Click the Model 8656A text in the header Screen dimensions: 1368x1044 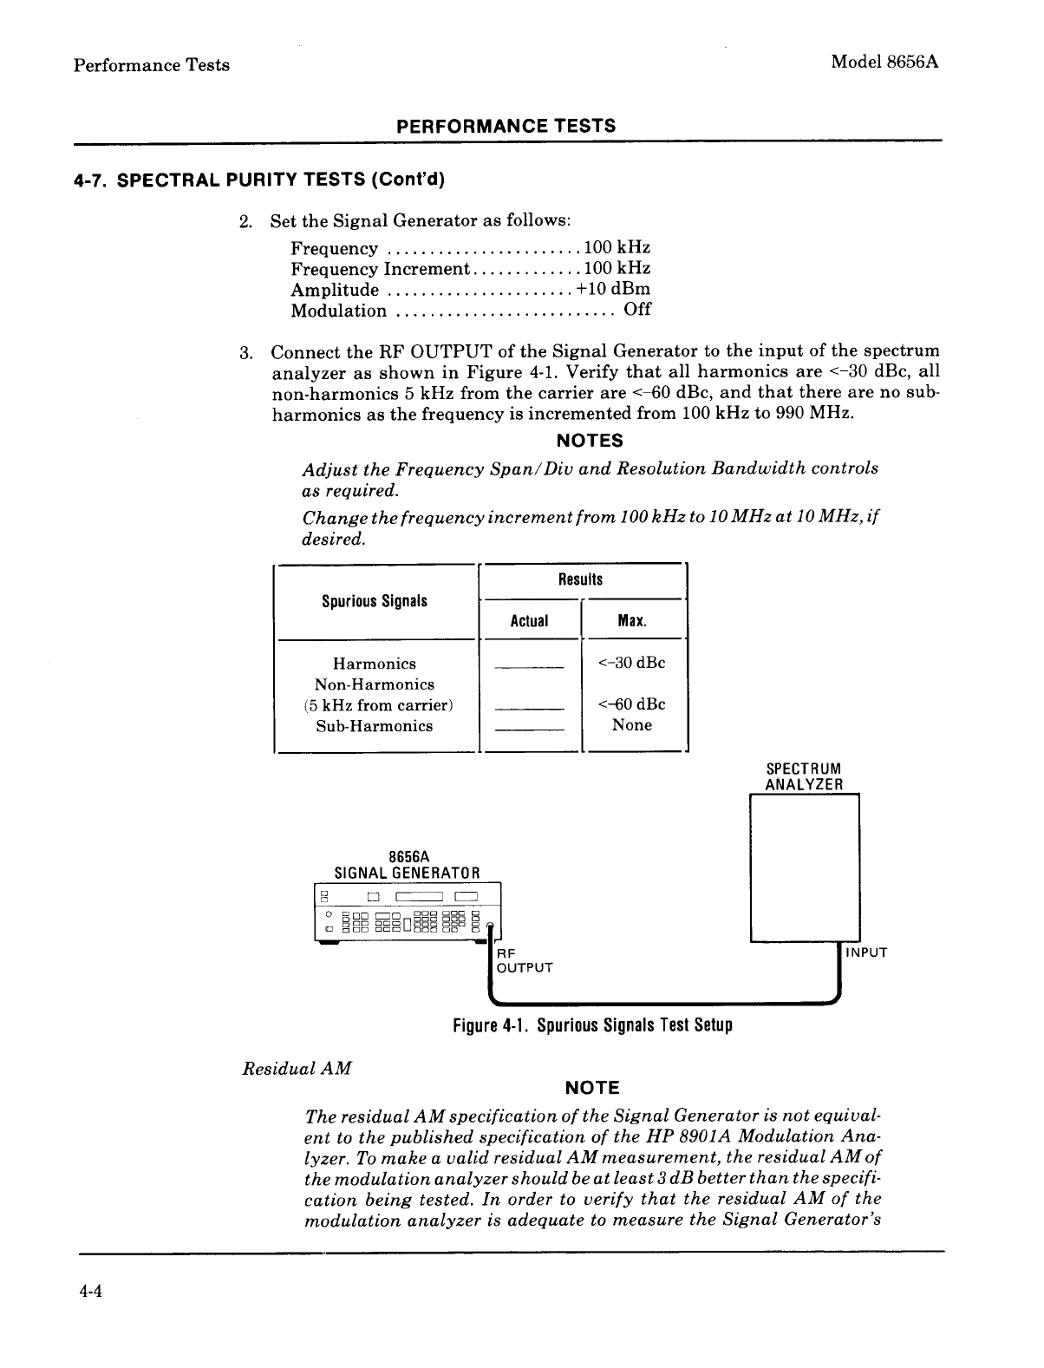[x=885, y=62]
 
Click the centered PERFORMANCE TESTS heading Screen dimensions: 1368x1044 [x=506, y=126]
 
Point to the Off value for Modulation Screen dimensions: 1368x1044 [x=637, y=310]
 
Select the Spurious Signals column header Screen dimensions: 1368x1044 [x=374, y=601]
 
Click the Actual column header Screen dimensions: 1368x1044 [x=529, y=621]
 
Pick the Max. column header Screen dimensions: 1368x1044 [x=632, y=621]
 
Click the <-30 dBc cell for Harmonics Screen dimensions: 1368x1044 [x=632, y=664]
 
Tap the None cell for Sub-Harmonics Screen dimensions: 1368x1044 [x=631, y=725]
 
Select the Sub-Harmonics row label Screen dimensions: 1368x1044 [x=374, y=726]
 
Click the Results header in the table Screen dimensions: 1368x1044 [x=580, y=579]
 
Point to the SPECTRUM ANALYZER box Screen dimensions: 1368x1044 [x=804, y=867]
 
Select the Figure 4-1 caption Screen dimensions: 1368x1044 [x=592, y=1025]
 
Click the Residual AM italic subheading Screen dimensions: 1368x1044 [x=296, y=1069]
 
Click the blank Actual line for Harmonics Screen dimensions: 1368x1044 [x=529, y=668]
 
